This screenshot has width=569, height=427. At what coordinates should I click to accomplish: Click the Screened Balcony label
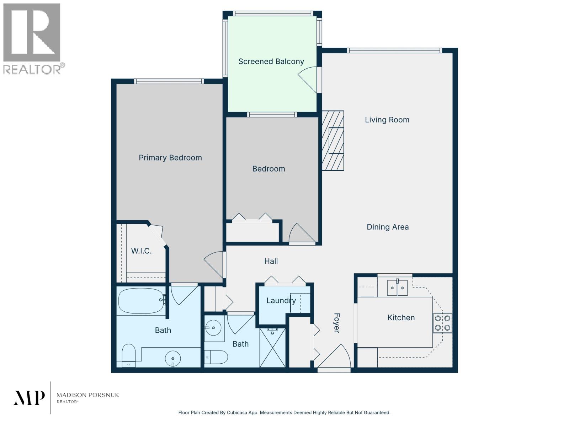[x=271, y=62]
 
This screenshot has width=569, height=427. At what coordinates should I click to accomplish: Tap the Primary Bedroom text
[x=170, y=158]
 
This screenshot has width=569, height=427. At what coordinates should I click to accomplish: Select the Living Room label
[x=387, y=120]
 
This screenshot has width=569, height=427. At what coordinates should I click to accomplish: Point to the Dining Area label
[x=388, y=227]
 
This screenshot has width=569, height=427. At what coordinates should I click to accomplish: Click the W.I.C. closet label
[x=141, y=251]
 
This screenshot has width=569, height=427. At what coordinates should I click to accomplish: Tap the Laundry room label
[x=281, y=301]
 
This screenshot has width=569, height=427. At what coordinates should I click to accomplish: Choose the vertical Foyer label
[x=336, y=323]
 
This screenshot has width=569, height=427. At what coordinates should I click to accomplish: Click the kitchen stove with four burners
[x=442, y=323]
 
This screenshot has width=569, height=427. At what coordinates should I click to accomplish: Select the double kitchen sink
[x=397, y=288]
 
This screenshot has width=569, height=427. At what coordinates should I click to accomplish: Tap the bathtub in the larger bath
[x=141, y=301]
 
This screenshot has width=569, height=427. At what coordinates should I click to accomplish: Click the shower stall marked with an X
[x=272, y=348]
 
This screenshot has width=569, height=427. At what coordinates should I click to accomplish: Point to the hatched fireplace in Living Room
[x=333, y=141]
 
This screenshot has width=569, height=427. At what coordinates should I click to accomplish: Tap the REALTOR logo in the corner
[x=32, y=38]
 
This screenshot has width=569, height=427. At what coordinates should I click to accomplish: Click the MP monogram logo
[x=29, y=398]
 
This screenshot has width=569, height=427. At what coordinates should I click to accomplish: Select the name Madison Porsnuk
[x=88, y=395]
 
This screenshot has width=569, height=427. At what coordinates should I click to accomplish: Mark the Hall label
[x=271, y=262]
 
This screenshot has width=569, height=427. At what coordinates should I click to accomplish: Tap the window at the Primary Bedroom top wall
[x=169, y=81]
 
